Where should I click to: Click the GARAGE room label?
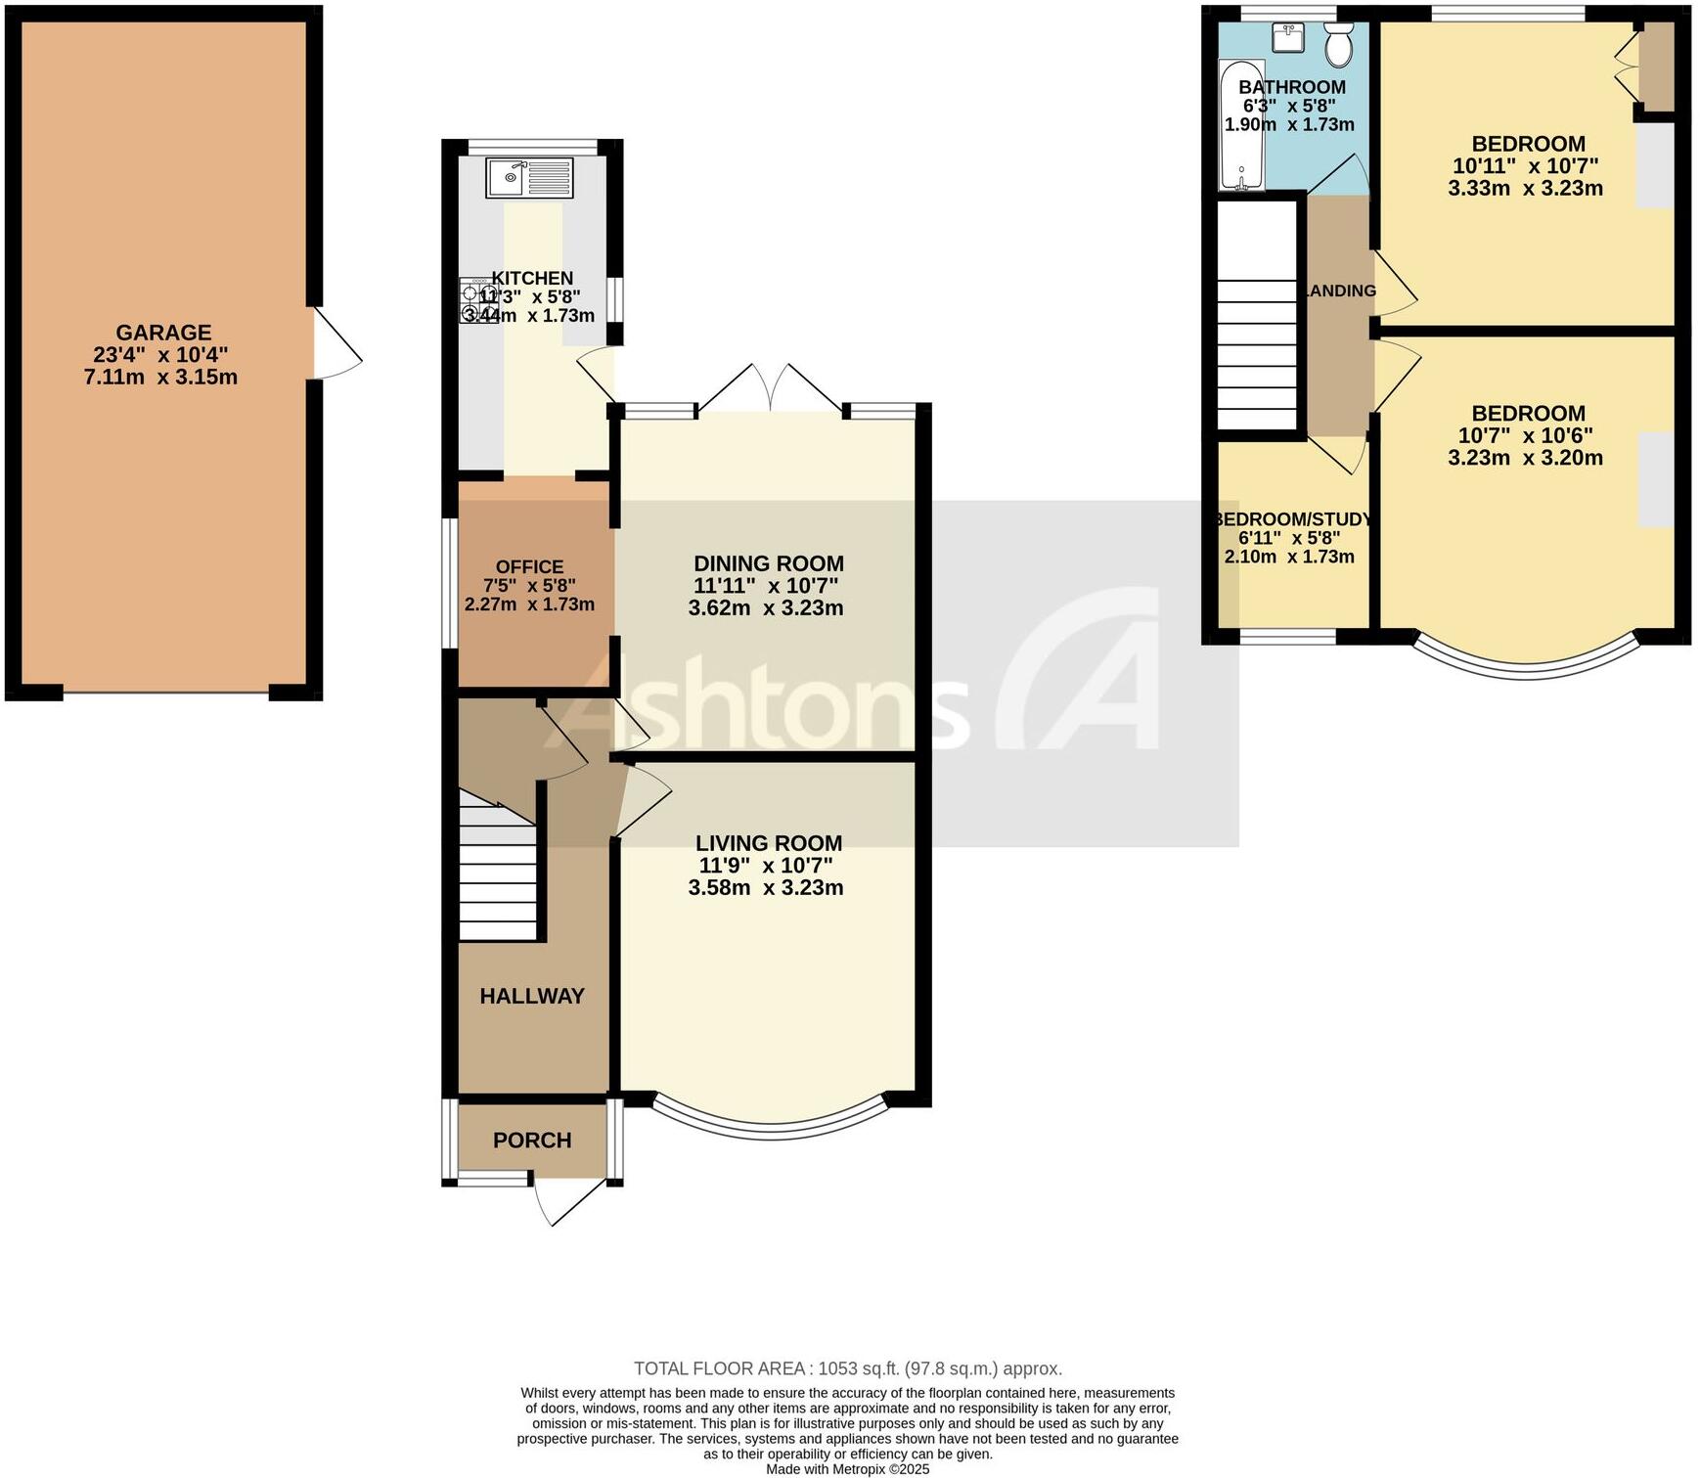(163, 333)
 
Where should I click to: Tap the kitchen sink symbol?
(530, 177)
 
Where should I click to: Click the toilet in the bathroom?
(1338, 45)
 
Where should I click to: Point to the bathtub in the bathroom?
(1240, 125)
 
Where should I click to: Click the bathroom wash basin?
(1288, 38)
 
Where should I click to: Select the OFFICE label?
(529, 566)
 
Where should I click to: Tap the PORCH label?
(532, 1140)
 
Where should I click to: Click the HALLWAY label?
(532, 996)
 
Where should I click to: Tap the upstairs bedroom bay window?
(1526, 665)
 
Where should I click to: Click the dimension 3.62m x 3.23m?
(766, 607)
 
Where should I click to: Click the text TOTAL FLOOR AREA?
(720, 1368)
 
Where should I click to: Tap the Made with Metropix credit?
(847, 1468)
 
